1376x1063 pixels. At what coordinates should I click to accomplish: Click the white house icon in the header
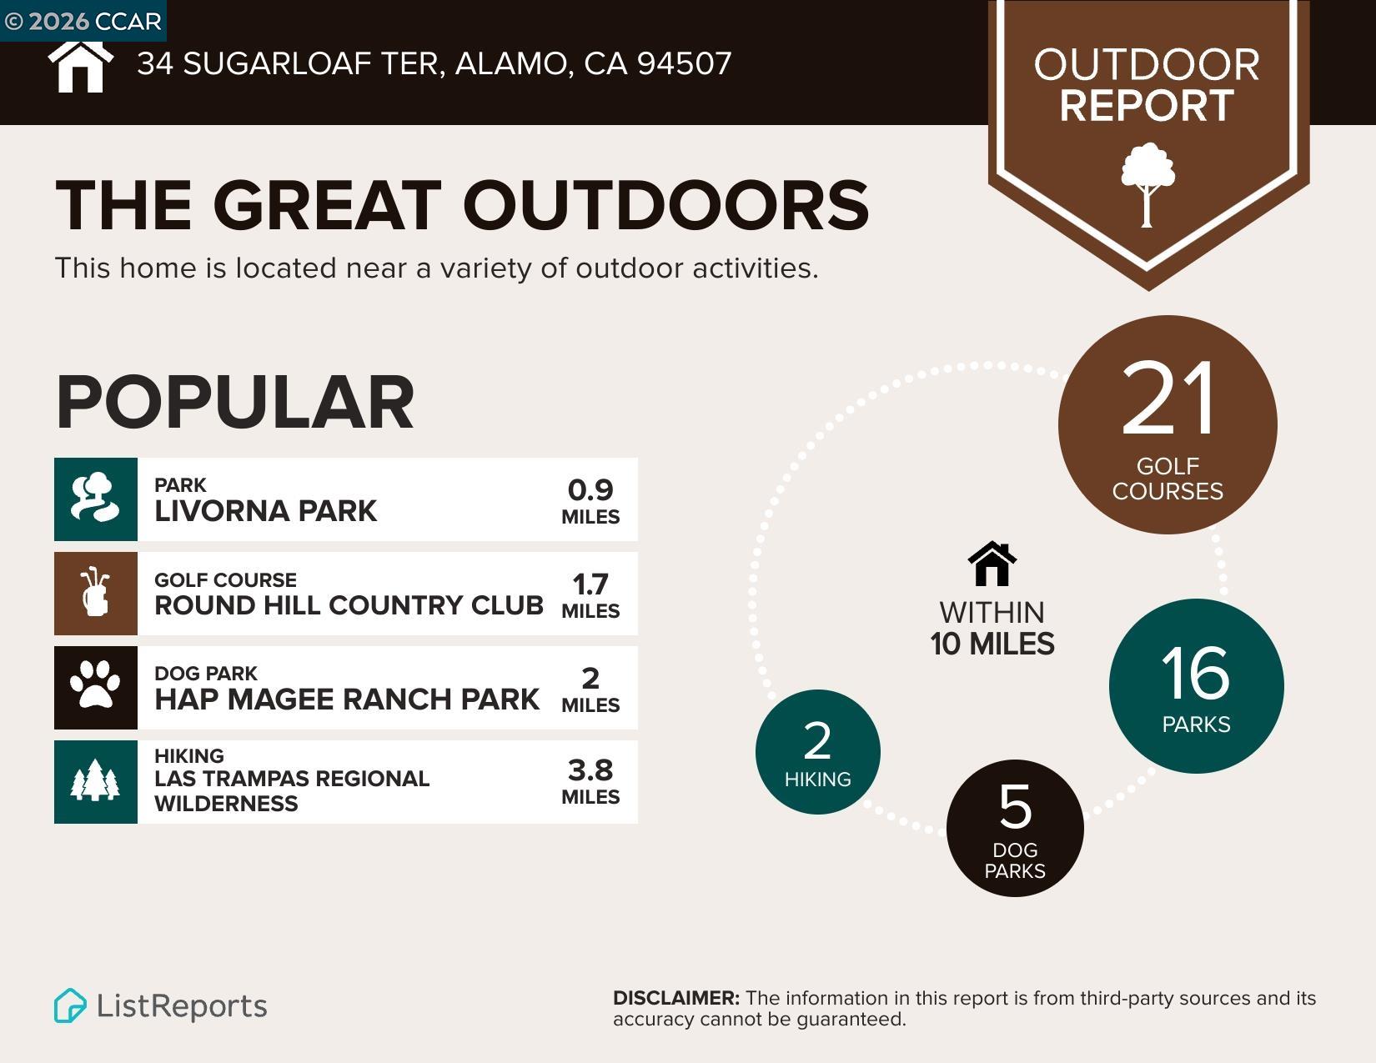pyautogui.click(x=80, y=66)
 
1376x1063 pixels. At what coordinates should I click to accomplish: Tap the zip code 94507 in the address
pyautogui.click(x=684, y=64)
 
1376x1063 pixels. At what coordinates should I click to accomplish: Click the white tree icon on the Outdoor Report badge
pyautogui.click(x=1148, y=183)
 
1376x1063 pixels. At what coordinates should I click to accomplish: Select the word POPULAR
pyautogui.click(x=234, y=403)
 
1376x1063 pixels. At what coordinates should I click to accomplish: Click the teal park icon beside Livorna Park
pyautogui.click(x=95, y=499)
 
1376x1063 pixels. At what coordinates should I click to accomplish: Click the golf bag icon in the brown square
pyautogui.click(x=95, y=593)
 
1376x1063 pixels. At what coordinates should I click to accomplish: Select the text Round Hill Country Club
pyautogui.click(x=349, y=605)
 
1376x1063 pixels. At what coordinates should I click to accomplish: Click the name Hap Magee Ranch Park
pyautogui.click(x=347, y=699)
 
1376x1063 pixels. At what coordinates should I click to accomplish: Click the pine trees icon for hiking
pyautogui.click(x=95, y=781)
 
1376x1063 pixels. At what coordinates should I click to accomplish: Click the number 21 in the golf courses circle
pyautogui.click(x=1168, y=399)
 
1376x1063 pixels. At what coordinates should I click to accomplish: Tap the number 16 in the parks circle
pyautogui.click(x=1195, y=673)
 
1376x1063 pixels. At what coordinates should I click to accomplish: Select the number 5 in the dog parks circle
pyautogui.click(x=1015, y=807)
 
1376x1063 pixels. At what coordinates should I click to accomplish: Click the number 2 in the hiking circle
pyautogui.click(x=817, y=740)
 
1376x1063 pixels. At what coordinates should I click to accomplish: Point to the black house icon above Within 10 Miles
pyautogui.click(x=992, y=564)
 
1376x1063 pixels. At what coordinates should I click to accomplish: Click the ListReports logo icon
pyautogui.click(x=70, y=1005)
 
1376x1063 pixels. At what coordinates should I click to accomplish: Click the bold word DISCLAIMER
pyautogui.click(x=675, y=998)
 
